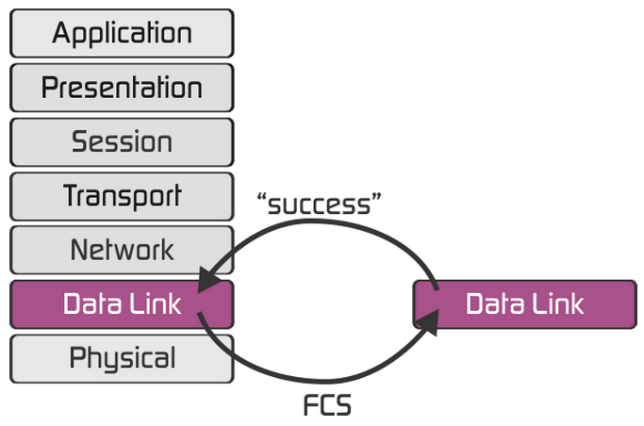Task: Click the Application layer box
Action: [122, 34]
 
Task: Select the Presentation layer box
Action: [122, 88]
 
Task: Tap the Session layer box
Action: [122, 142]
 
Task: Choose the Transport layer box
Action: [122, 196]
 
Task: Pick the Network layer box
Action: [122, 250]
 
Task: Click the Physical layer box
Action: [122, 358]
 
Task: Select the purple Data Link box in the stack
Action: [122, 304]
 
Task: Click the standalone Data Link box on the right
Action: [524, 304]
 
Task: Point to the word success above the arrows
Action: [324, 205]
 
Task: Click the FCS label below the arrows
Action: [327, 406]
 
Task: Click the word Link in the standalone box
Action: [557, 304]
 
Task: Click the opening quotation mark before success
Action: [261, 199]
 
